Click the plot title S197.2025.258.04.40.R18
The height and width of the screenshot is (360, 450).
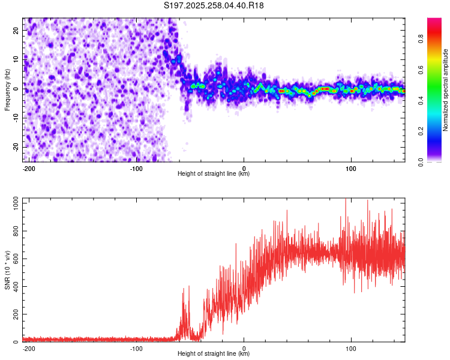pyautogui.click(x=214, y=5)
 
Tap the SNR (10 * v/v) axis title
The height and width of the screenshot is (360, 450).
pyautogui.click(x=7, y=271)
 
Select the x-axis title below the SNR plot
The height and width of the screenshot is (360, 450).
pyautogui.click(x=214, y=354)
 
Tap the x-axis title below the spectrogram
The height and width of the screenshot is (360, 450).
pyautogui.click(x=214, y=174)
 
